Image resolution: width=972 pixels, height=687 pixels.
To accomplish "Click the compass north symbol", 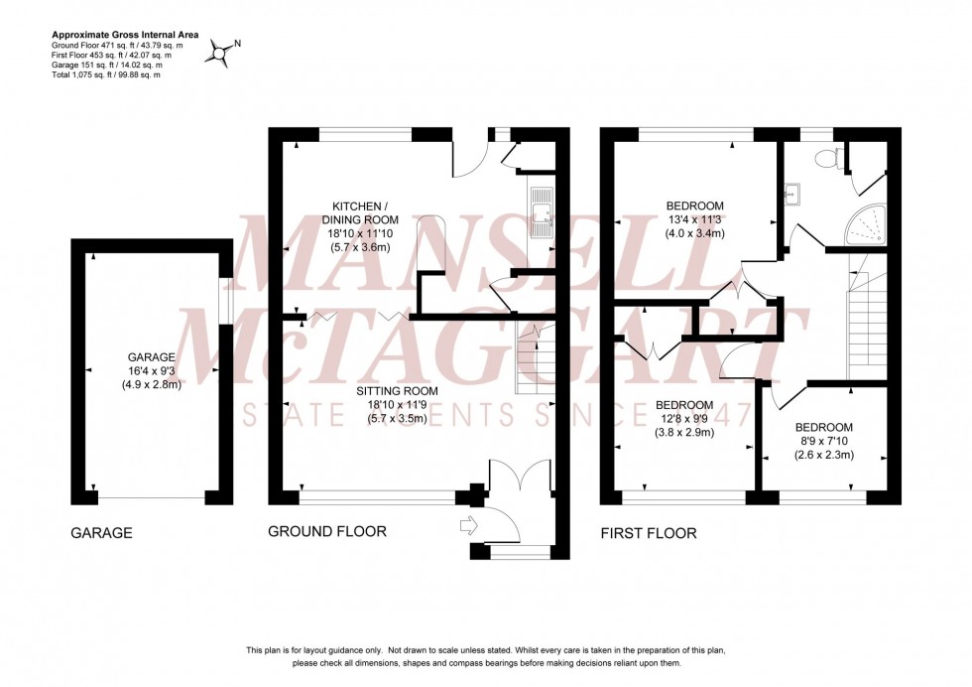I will point(220,52).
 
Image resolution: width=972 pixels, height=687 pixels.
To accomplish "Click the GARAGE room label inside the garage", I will point(152,357).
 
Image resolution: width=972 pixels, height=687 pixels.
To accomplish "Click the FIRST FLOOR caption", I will point(649,533).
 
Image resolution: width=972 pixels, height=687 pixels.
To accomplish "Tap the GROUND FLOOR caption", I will point(327,532).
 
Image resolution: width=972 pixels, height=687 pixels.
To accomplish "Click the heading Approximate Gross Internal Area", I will point(125,35).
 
